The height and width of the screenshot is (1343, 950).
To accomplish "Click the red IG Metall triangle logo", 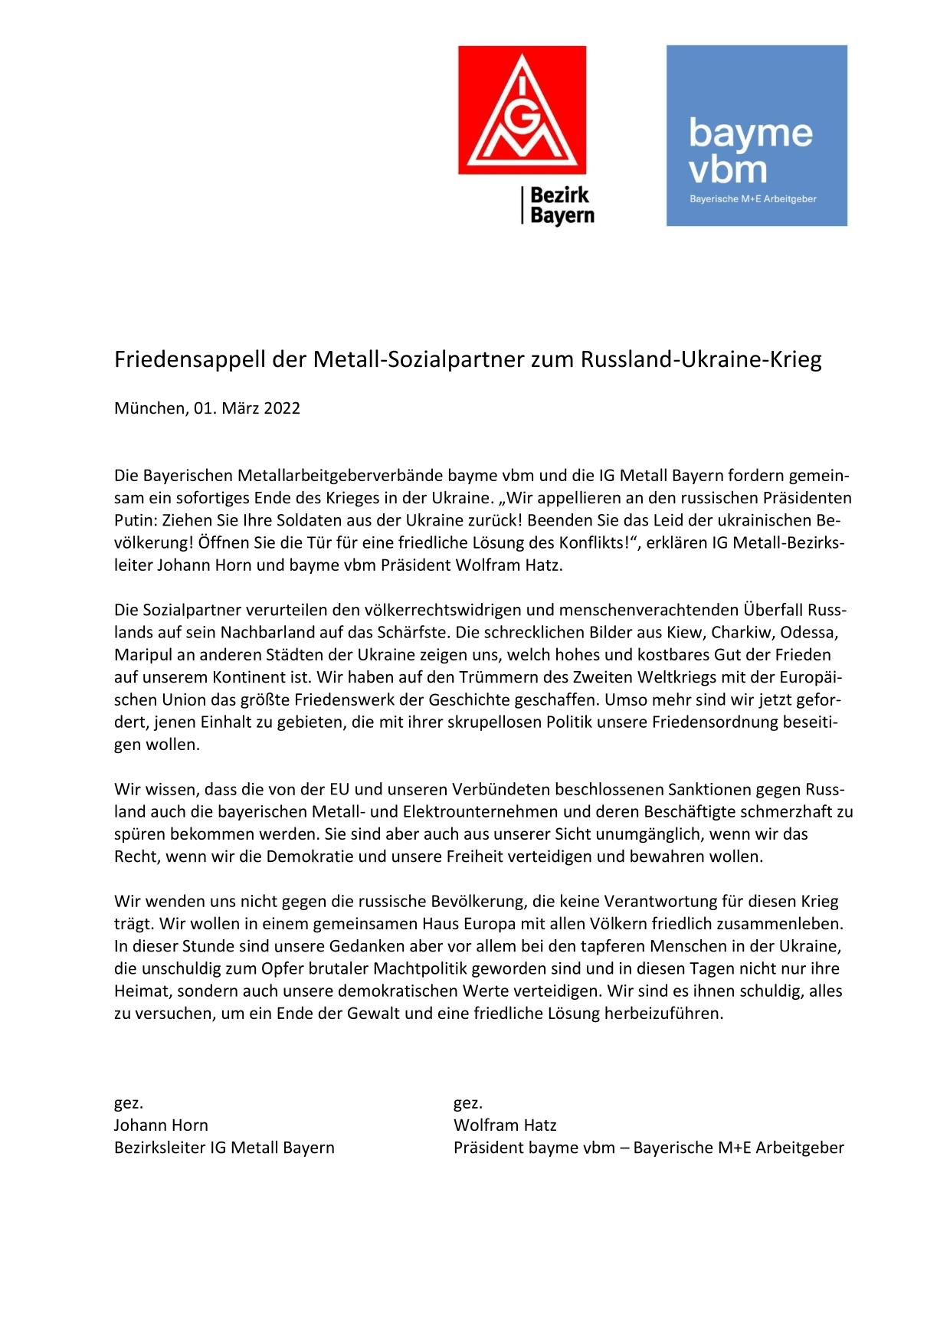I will (522, 109).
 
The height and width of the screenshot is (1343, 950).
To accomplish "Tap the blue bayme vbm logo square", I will (756, 136).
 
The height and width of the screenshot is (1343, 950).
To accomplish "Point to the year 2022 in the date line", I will (282, 408).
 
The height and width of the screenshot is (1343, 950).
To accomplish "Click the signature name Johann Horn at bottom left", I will (161, 1125).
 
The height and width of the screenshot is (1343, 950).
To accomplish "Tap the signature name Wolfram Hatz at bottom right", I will (505, 1125).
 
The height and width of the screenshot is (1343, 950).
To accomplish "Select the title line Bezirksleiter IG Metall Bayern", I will (224, 1148).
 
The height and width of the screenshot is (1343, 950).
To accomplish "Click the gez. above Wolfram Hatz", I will (468, 1102).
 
